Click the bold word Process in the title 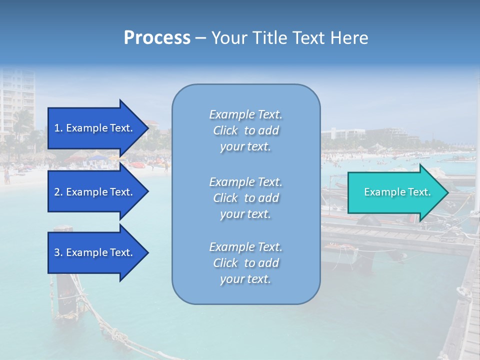coord(157,38)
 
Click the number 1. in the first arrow coord(58,128)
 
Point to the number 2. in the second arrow coord(58,192)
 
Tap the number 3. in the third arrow coord(58,252)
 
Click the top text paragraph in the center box coord(245,130)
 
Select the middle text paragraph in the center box coord(245,198)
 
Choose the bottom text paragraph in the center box coord(245,263)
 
